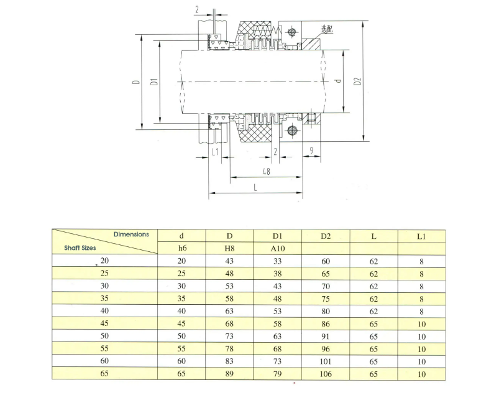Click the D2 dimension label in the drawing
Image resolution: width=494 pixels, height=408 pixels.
(x=357, y=81)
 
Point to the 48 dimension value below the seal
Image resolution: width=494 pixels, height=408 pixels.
(x=266, y=172)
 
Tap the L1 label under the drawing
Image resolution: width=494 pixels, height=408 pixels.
(x=215, y=152)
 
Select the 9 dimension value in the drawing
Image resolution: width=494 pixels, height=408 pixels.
(x=311, y=151)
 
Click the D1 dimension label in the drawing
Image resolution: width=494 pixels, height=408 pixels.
(x=154, y=81)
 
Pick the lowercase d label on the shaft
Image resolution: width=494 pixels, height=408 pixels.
(x=339, y=81)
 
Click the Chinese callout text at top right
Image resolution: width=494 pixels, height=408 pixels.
(x=327, y=29)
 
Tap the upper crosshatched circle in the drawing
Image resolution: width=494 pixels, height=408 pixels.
(x=291, y=32)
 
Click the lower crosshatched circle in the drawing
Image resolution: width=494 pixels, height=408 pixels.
(x=292, y=130)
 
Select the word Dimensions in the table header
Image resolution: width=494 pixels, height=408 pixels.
(x=131, y=234)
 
